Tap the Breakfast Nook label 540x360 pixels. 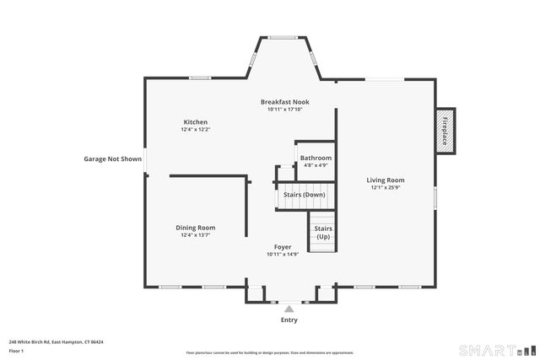pos(283,101)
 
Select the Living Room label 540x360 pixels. pos(386,180)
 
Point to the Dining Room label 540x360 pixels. pos(195,228)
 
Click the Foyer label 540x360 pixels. pos(283,247)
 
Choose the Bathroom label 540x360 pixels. pos(316,158)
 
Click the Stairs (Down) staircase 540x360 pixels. pos(304,195)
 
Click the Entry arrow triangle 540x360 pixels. pos(289,309)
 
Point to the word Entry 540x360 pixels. pos(289,320)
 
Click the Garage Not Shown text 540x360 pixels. pos(112,159)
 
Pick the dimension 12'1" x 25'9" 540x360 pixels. pos(386,188)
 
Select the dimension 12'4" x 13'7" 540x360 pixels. pos(195,236)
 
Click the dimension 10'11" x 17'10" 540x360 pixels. pos(283,109)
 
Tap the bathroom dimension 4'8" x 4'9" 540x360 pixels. pos(316,165)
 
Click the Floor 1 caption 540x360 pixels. pos(16,350)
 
